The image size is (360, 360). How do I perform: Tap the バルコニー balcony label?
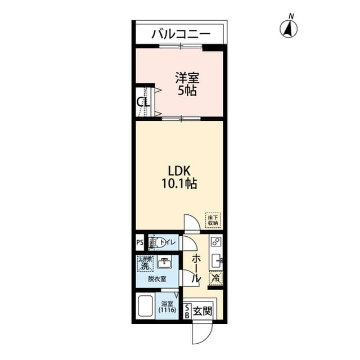(x=181, y=34)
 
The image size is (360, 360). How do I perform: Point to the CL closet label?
(x=143, y=102)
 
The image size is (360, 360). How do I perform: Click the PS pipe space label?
(x=139, y=243)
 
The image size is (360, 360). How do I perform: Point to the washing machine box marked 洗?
(x=145, y=264)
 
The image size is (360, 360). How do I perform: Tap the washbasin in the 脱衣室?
(x=164, y=262)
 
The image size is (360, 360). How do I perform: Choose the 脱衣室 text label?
(x=157, y=279)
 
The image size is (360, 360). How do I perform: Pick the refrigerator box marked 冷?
(x=215, y=277)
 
